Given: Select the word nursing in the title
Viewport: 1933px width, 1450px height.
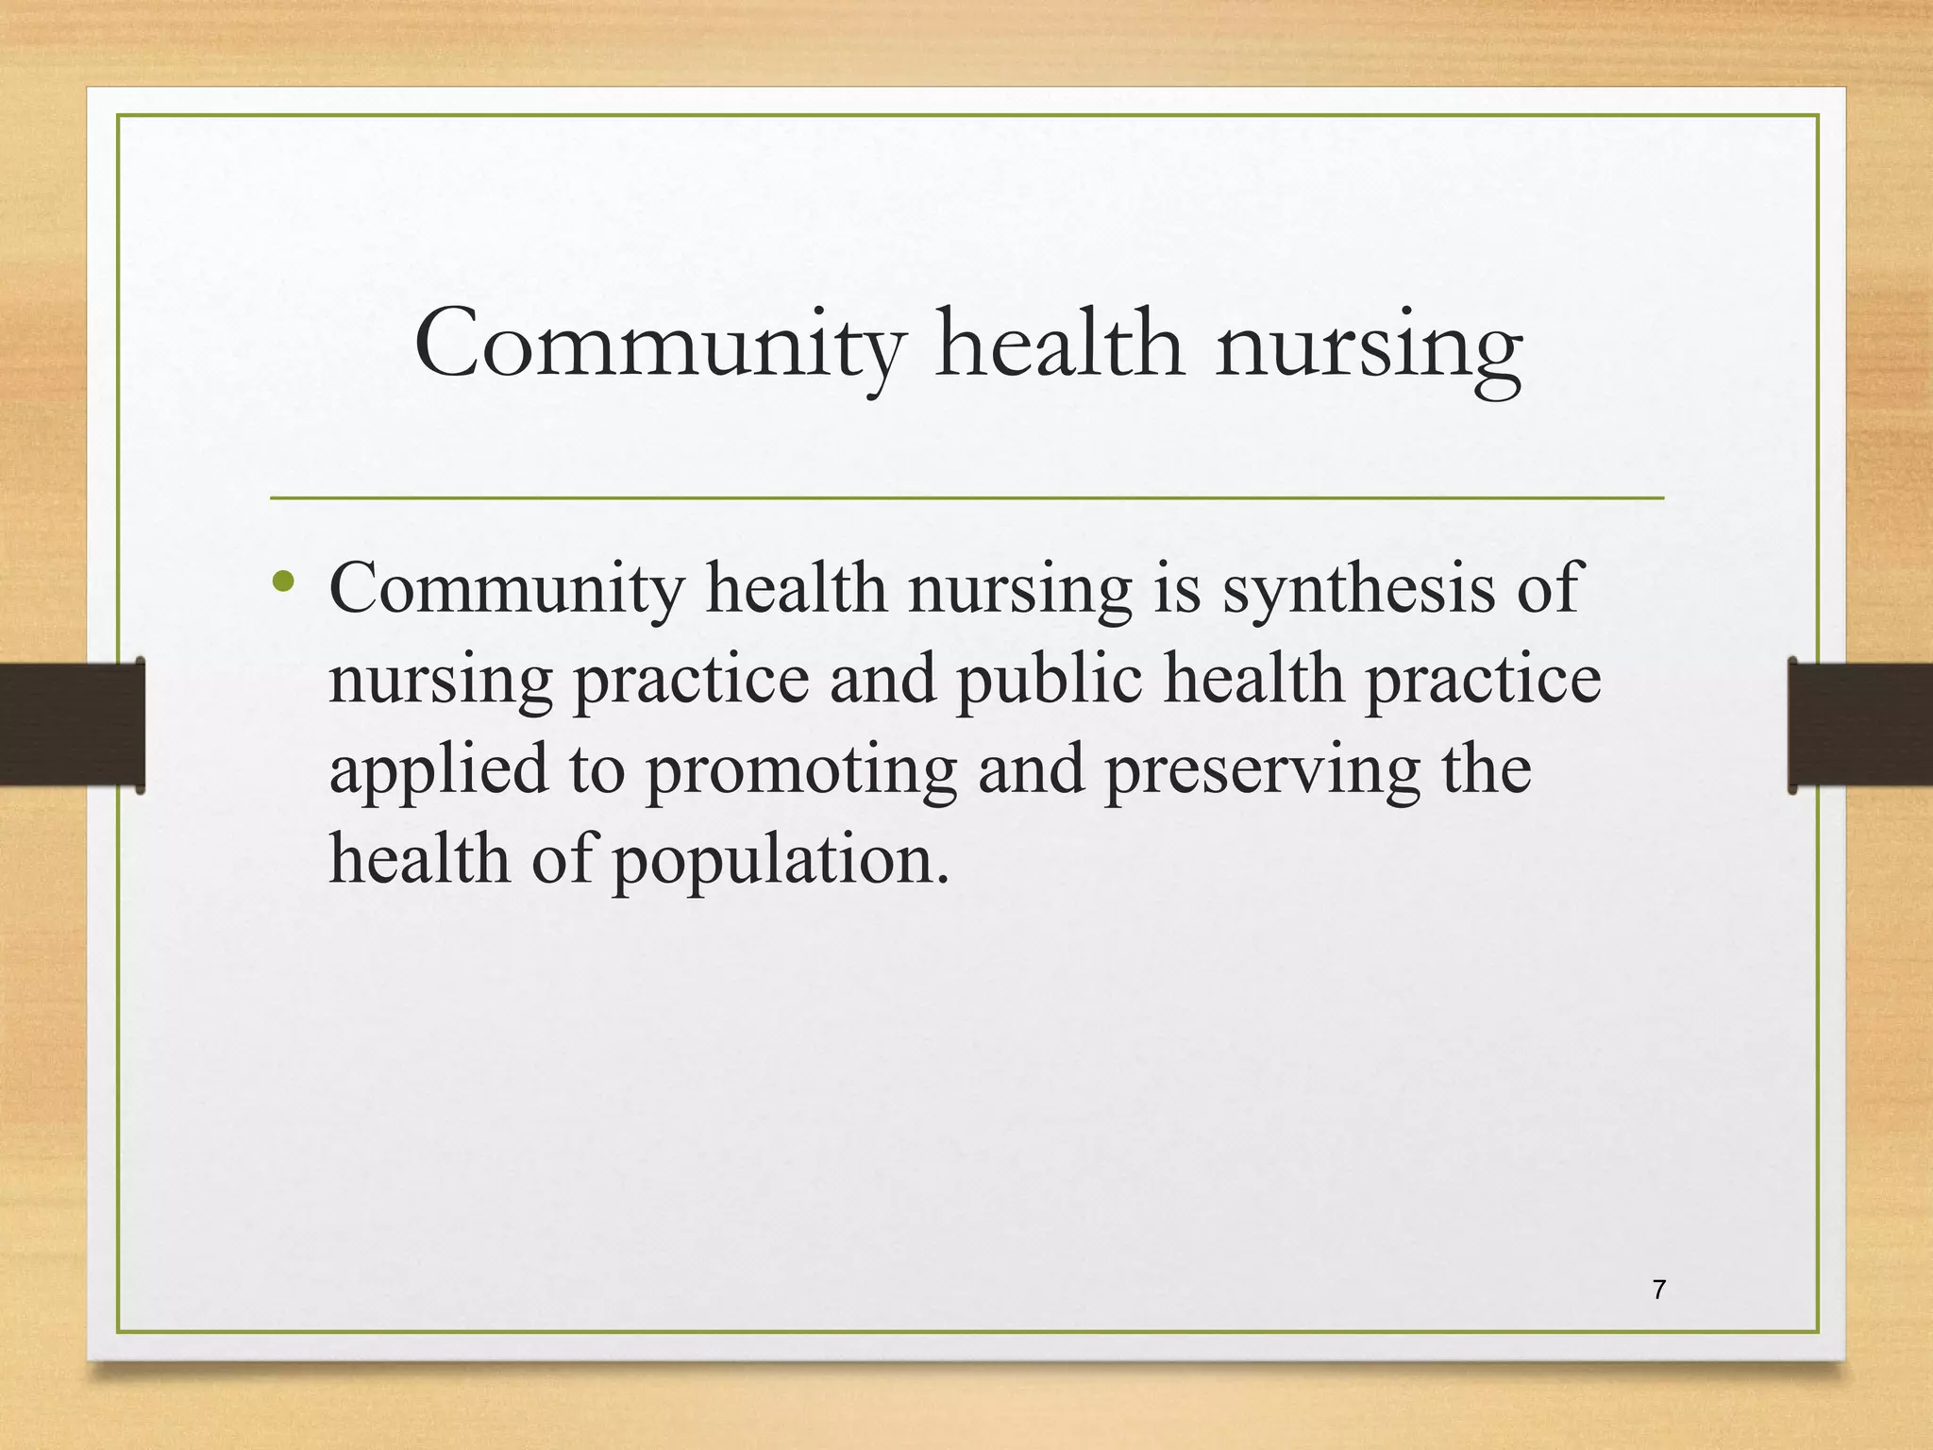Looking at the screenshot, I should [1369, 348].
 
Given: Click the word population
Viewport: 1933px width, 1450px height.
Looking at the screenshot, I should [781, 862].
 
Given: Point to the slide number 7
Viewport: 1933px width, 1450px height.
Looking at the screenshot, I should [1659, 1289].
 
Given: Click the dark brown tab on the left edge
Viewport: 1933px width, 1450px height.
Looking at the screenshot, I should [72, 724].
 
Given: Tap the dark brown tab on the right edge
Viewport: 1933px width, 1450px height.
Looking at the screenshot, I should [1860, 724].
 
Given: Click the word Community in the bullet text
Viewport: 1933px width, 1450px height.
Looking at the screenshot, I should [506, 589].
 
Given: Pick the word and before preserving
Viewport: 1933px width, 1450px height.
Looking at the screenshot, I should [1031, 770].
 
